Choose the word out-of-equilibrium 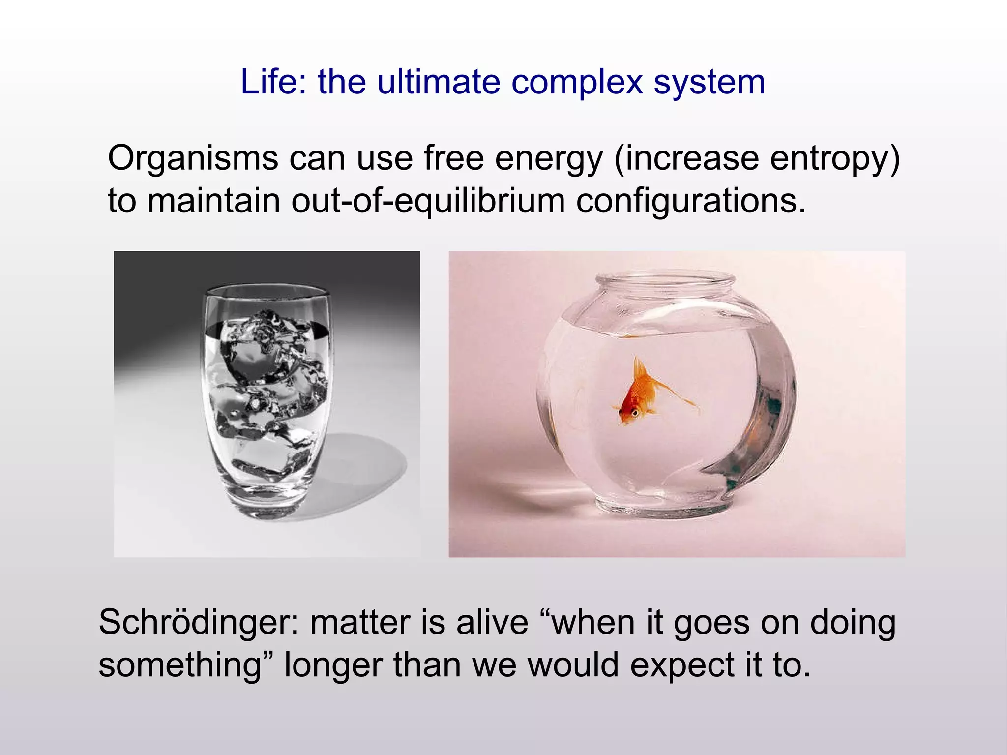pos(428,201)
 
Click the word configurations pos(691,201)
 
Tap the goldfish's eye pos(635,412)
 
